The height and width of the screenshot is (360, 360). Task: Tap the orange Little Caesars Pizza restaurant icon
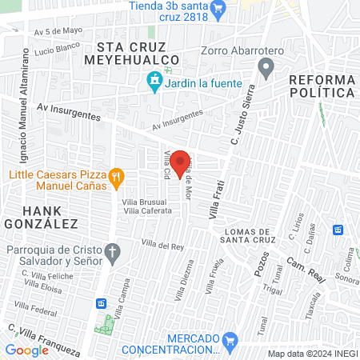[x=116, y=177]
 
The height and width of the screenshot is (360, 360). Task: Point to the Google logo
[x=26, y=350]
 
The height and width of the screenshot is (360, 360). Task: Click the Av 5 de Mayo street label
[x=58, y=32]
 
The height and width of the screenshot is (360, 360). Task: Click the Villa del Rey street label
[x=159, y=246]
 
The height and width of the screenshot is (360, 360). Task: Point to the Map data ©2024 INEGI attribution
[x=313, y=354]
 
